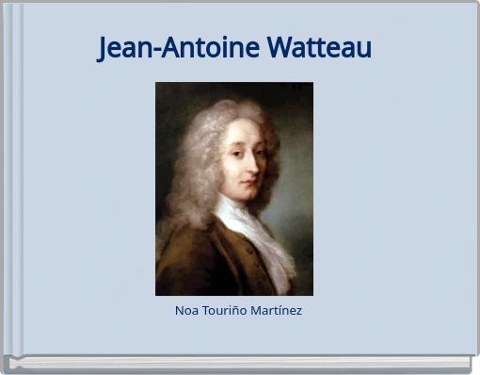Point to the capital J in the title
(104, 48)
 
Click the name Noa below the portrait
(186, 310)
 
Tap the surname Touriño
(224, 310)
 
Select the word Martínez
(277, 310)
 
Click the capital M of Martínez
(256, 310)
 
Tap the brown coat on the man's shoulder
(188, 264)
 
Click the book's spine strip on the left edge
(13, 179)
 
